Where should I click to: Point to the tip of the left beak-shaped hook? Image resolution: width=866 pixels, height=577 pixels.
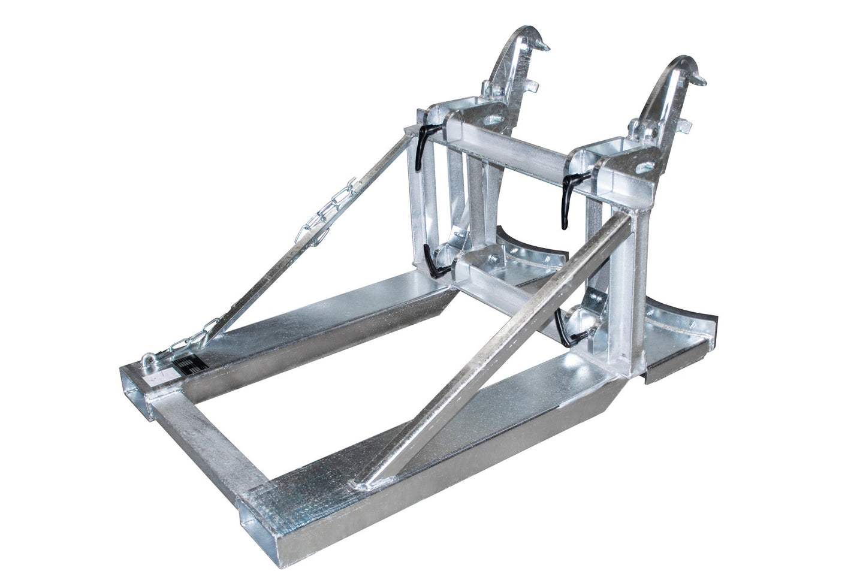547,45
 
